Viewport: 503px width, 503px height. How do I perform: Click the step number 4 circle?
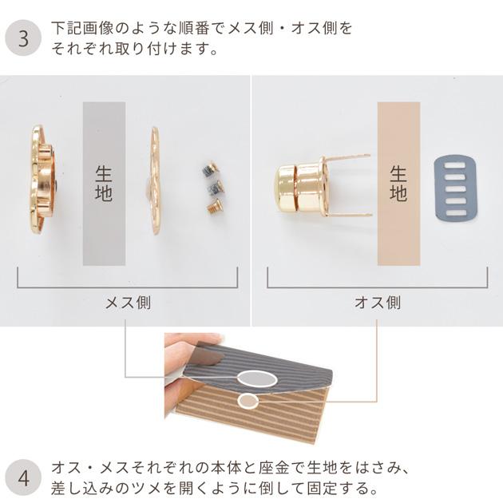tap(23, 479)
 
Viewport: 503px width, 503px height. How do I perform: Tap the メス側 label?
tap(127, 303)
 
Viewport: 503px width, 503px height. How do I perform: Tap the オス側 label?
tap(377, 303)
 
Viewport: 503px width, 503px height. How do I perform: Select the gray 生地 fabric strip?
tap(104, 184)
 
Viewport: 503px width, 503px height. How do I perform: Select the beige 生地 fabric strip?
tap(398, 184)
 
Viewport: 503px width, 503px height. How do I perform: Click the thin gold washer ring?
tap(154, 180)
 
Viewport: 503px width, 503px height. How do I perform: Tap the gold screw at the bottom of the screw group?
tap(212, 208)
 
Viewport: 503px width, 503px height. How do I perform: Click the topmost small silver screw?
tap(207, 170)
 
